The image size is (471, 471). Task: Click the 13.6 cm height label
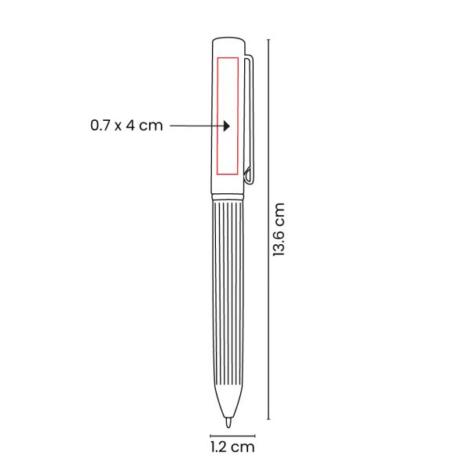point(279,229)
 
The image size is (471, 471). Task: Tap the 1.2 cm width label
point(232,447)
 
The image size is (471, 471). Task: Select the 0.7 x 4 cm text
point(126,126)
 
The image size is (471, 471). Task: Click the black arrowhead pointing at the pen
point(227,126)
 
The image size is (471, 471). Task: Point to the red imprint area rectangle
point(217,115)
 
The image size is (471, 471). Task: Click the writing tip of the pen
point(228,422)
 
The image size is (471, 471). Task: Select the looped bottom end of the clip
point(247,176)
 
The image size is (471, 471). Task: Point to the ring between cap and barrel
point(228,197)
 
